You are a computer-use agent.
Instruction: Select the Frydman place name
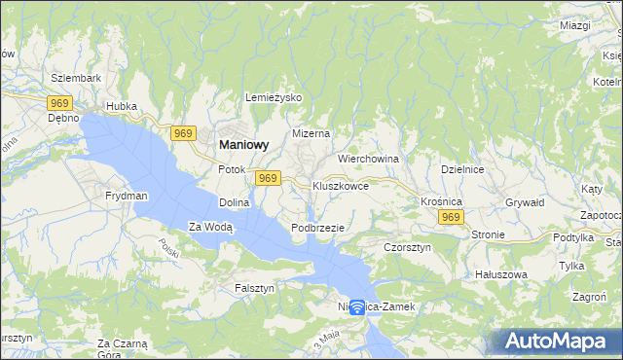127,196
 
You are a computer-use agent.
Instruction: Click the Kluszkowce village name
341,184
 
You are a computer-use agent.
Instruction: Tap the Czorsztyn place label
407,247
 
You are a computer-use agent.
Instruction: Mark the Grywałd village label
524,202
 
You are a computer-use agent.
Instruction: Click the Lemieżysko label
275,98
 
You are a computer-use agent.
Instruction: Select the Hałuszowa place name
500,274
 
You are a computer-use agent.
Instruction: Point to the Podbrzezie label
318,227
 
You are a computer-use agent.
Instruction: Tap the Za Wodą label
210,227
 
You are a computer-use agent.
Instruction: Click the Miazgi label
575,25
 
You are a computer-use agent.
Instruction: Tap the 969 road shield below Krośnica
449,218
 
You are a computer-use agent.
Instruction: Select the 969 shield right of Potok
269,178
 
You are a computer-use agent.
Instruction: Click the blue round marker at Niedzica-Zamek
357,307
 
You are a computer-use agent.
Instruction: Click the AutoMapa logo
559,342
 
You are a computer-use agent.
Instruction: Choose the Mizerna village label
311,133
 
